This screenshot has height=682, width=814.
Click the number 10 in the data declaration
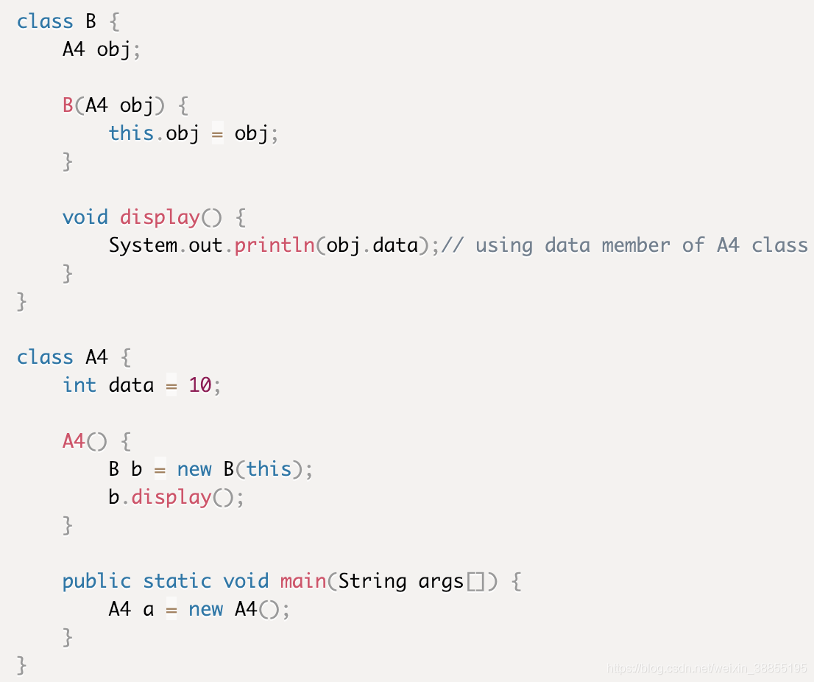click(x=200, y=385)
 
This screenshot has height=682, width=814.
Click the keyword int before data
click(x=79, y=385)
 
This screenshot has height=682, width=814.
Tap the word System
click(x=143, y=245)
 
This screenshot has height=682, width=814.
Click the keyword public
click(x=96, y=581)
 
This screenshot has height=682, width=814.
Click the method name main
click(x=303, y=581)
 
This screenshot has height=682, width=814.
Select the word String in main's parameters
click(x=372, y=581)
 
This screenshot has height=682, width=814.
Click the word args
click(x=441, y=581)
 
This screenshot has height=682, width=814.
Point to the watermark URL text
click(x=707, y=669)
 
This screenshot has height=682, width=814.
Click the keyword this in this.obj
click(x=131, y=133)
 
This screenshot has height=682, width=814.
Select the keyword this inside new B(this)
click(x=269, y=469)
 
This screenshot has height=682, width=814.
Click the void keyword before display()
click(x=85, y=217)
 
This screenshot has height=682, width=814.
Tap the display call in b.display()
click(x=171, y=497)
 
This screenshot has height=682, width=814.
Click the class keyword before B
click(x=45, y=21)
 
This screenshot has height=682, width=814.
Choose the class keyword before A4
click(x=45, y=357)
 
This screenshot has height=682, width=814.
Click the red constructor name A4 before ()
click(x=74, y=441)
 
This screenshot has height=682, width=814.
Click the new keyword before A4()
click(x=205, y=609)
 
